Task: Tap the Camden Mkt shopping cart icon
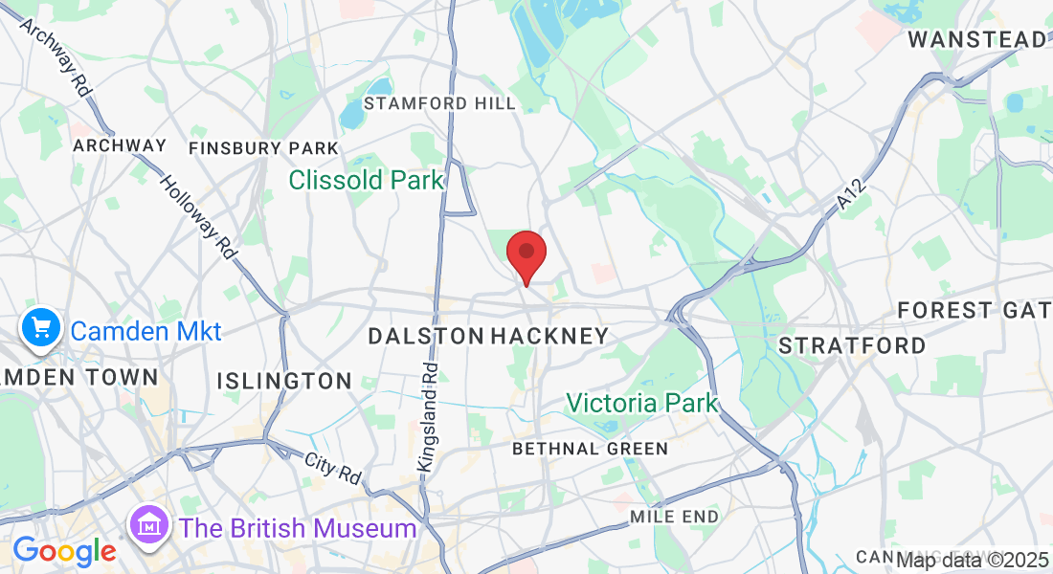coord(40,330)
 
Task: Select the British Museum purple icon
coord(150,527)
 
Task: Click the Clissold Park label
coord(366,180)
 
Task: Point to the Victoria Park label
coord(641,403)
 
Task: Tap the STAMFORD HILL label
coord(439,103)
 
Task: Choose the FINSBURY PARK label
coord(263,148)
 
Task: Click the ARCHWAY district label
coord(120,145)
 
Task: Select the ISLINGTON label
coord(284,381)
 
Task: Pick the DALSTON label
coord(426,336)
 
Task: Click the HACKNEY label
coord(549,336)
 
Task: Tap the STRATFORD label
coord(852,345)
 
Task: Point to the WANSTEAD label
coord(976,40)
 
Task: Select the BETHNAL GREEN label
coord(590,449)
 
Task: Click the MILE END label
coord(674,517)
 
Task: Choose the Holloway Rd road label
coord(198,217)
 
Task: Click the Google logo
coord(63,552)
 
